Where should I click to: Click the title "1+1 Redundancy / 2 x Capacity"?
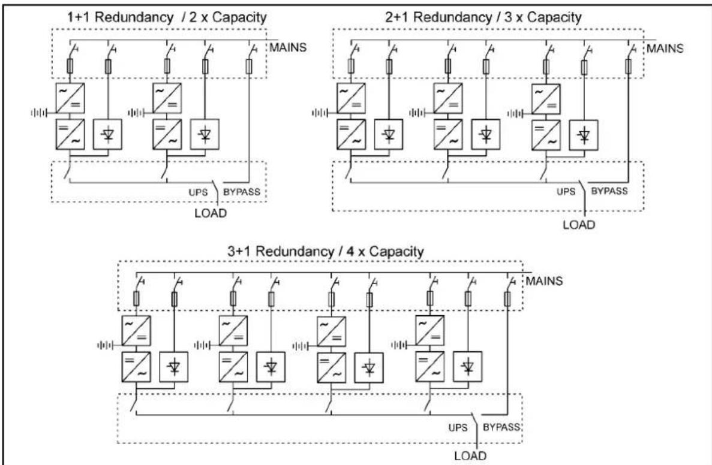point(167,17)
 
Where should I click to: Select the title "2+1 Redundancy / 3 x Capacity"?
point(483,17)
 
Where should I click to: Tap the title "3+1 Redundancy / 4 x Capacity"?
point(326,251)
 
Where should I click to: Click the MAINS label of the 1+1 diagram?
point(288,47)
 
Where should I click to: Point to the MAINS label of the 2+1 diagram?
point(665,48)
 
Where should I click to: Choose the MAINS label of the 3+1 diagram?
point(544,281)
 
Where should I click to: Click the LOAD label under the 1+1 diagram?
point(211,213)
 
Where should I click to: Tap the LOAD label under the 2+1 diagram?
point(579,225)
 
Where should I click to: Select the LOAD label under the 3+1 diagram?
point(470,456)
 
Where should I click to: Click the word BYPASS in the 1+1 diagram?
point(242,192)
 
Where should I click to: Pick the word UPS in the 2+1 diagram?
point(566,191)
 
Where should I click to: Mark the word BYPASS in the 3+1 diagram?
point(501,427)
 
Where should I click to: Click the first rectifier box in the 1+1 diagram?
point(70,98)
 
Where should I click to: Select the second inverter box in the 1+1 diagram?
point(167,134)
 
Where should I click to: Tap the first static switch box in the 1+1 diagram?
point(107,134)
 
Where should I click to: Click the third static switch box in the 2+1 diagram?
point(584,135)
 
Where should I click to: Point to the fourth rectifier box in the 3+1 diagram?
point(429,331)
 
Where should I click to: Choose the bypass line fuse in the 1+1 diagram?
point(249,67)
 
